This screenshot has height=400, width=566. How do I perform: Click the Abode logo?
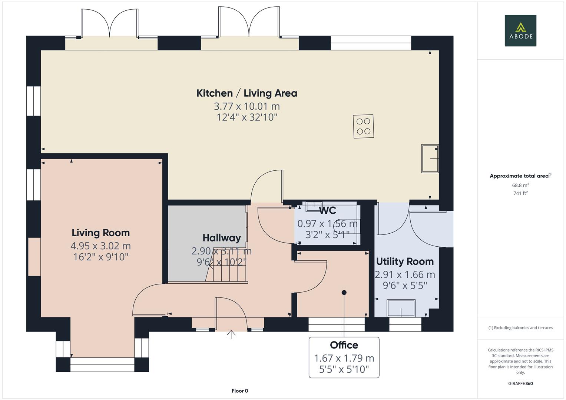tap(520, 30)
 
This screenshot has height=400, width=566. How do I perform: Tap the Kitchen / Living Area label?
tap(246, 93)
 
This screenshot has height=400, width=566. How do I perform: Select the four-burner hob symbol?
tap(363, 126)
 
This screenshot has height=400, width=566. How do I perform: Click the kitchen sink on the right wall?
tap(430, 159)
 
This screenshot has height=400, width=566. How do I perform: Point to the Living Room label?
tap(100, 233)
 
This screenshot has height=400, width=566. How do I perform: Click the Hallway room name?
tap(221, 238)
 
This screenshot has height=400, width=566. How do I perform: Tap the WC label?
tap(328, 211)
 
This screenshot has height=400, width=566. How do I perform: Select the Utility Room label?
tap(405, 261)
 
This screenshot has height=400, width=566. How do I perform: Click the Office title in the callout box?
tap(344, 345)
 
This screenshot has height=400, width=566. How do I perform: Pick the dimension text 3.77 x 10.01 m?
tap(246, 106)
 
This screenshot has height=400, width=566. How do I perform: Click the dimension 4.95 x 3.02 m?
tap(100, 246)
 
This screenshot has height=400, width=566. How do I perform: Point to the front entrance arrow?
tap(231, 334)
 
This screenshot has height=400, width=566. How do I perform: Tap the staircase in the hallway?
tap(226, 267)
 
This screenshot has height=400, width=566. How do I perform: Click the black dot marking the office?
tap(344, 293)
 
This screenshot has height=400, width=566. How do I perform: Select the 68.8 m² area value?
tap(520, 185)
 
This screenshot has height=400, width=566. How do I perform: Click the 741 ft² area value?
tap(520, 193)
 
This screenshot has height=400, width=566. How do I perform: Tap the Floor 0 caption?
tap(239, 391)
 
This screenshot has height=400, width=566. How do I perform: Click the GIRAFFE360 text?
tap(520, 383)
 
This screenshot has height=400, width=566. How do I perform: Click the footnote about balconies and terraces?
tap(520, 328)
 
